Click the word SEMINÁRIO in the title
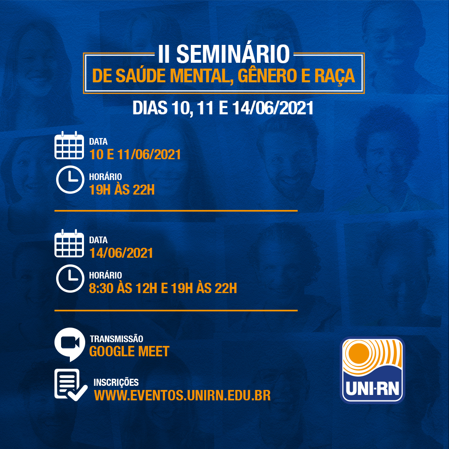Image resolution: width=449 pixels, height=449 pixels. tap(233, 54)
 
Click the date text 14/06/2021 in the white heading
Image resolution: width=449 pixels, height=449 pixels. tap(273, 108)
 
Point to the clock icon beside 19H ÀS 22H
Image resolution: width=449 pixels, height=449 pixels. tap(70, 180)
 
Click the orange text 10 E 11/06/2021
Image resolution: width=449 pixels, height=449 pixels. tap(135, 155)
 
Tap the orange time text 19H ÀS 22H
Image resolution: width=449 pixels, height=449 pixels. tap(122, 190)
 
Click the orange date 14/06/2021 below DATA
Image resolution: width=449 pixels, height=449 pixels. tap(121, 253)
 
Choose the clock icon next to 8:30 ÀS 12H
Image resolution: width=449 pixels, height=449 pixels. tap(70, 278)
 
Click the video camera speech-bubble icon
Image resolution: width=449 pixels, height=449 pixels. tap(69, 344)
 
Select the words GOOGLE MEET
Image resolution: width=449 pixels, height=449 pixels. tap(129, 352)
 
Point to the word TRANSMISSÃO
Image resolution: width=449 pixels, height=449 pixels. tap(116, 339)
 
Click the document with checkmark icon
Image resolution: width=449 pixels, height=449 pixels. tap(71, 385)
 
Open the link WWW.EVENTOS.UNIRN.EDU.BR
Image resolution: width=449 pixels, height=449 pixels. tap(183, 395)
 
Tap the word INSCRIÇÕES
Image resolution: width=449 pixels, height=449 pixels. tap(116, 382)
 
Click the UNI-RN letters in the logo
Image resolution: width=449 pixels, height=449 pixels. tap(372, 389)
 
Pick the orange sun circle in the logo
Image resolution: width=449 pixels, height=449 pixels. tap(359, 353)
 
